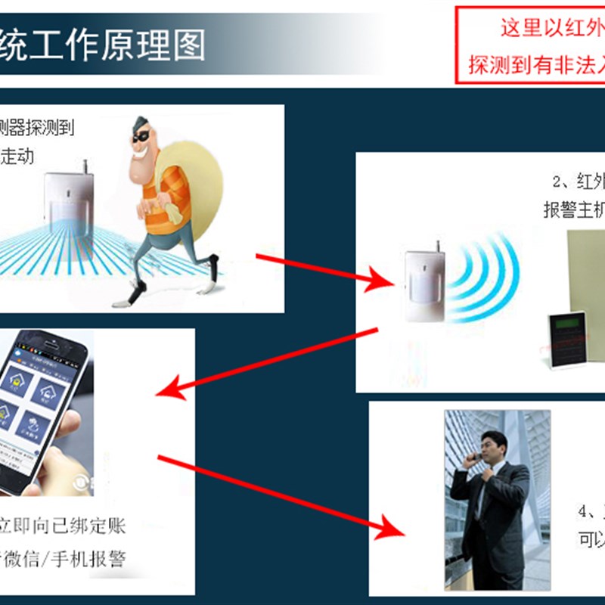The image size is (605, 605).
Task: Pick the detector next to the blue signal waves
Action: pyautogui.click(x=423, y=288)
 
